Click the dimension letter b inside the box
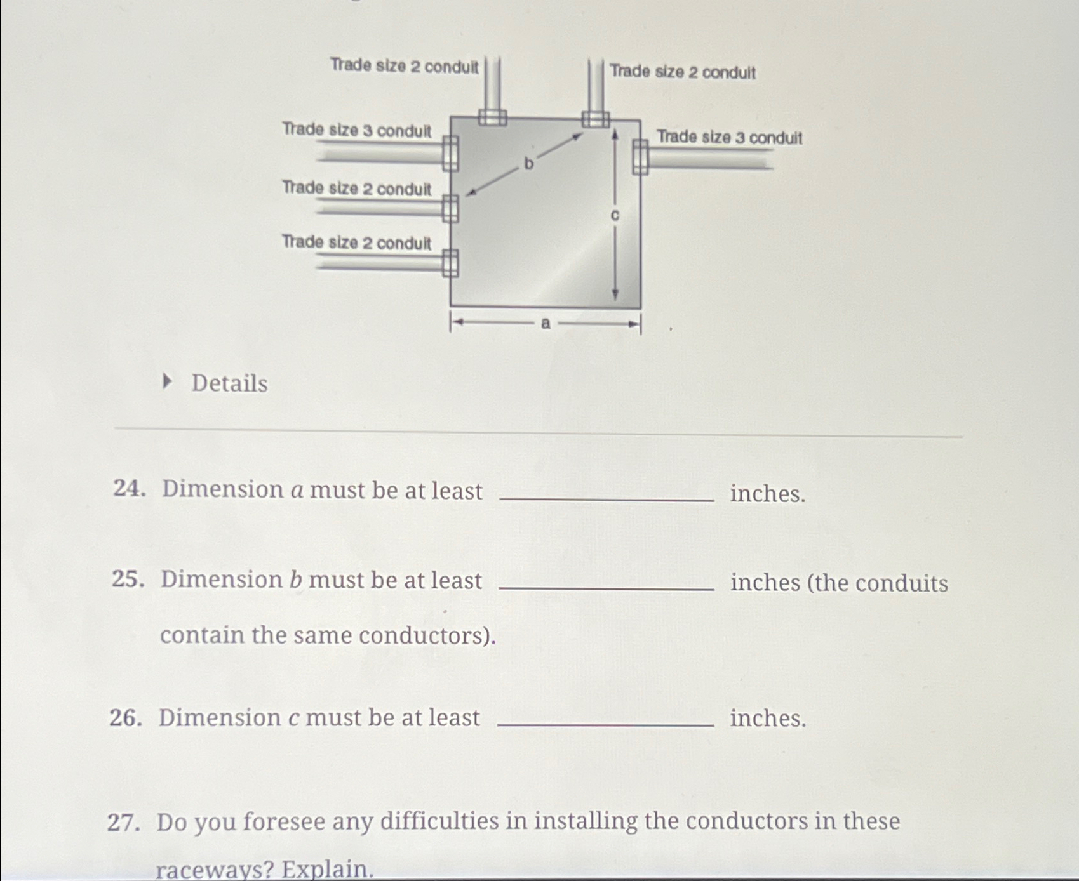pyautogui.click(x=528, y=164)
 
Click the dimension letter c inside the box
pyautogui.click(x=615, y=216)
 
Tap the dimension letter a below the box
pyautogui.click(x=545, y=324)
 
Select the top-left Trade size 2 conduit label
pyautogui.click(x=404, y=66)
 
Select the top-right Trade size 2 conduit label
pyautogui.click(x=683, y=72)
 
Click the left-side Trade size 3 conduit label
pyautogui.click(x=356, y=130)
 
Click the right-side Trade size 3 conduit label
pyautogui.click(x=729, y=138)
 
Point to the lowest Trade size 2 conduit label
pyautogui.click(x=356, y=242)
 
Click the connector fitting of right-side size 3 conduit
pyautogui.click(x=640, y=156)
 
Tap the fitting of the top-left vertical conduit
pyautogui.click(x=492, y=117)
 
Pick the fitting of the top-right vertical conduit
pyautogui.click(x=596, y=119)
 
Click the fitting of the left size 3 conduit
pyautogui.click(x=450, y=154)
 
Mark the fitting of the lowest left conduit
pyautogui.click(x=450, y=263)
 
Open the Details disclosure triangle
pyautogui.click(x=167, y=381)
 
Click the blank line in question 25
pyautogui.click(x=607, y=588)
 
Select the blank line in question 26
pyautogui.click(x=605, y=724)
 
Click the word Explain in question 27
pyautogui.click(x=328, y=868)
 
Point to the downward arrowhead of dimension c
pyautogui.click(x=615, y=295)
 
